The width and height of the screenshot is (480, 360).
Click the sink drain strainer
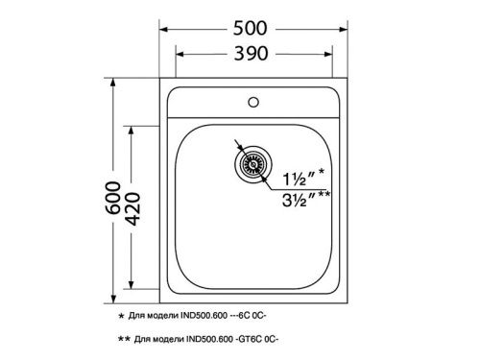point(254,164)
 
